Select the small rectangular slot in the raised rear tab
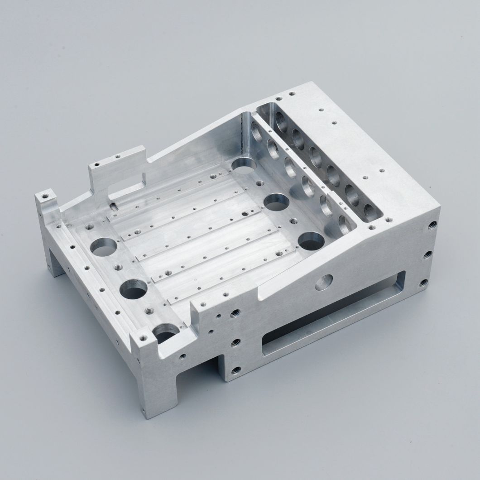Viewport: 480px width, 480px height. [128, 183]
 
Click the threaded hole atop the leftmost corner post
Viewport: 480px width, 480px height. [45, 197]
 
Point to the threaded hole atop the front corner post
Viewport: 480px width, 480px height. [144, 337]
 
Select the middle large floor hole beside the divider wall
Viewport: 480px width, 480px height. [277, 202]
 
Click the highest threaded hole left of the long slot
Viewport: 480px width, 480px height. [235, 313]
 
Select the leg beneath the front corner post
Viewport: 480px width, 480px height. [154, 389]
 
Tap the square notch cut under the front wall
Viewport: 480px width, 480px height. [197, 371]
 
